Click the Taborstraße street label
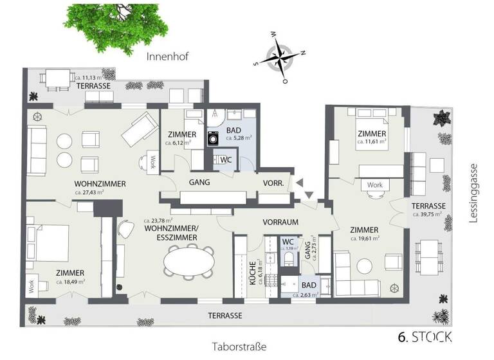(x=239, y=346)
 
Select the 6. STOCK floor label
(x=426, y=336)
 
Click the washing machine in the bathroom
(x=213, y=138)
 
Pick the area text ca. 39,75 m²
(x=428, y=214)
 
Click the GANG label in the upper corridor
(x=199, y=183)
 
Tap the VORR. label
(x=274, y=183)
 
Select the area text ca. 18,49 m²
(x=70, y=282)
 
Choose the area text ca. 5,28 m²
(x=238, y=137)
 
